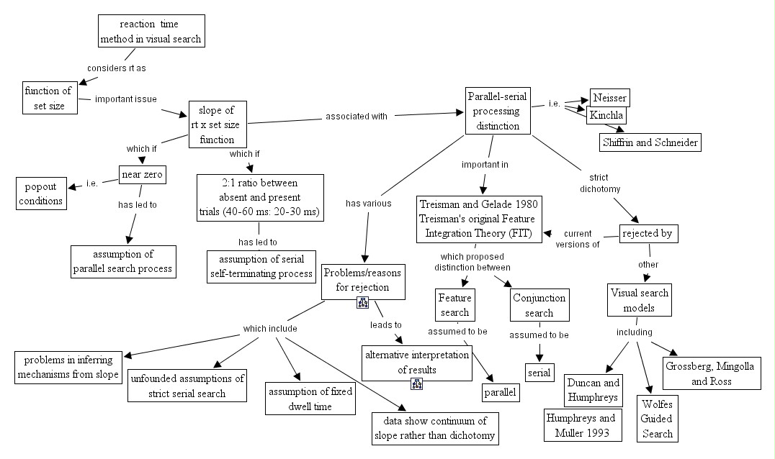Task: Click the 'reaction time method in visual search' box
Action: pos(151,32)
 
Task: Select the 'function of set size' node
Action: pos(48,98)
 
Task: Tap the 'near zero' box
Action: pos(141,174)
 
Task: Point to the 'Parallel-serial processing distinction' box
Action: pos(497,111)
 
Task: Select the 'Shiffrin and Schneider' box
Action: pos(650,142)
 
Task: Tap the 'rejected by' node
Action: pos(649,234)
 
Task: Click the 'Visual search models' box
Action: pos(640,301)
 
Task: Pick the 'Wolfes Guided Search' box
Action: pos(658,418)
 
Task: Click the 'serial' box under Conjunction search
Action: pos(539,373)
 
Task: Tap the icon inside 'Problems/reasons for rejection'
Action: pos(363,303)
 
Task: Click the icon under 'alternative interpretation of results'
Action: pos(416,383)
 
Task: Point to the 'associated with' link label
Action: pos(357,116)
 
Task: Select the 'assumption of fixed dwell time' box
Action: pos(310,399)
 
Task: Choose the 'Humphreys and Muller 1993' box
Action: pos(581,424)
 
